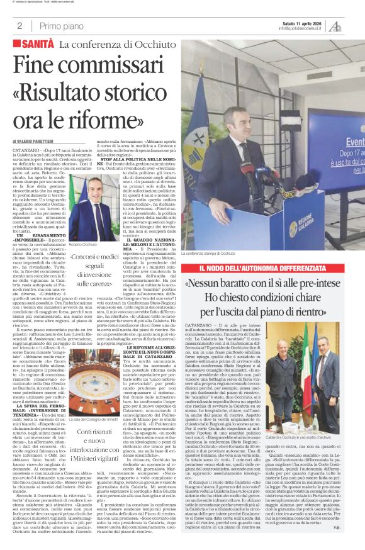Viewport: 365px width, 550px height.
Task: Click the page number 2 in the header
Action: pos(20,26)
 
